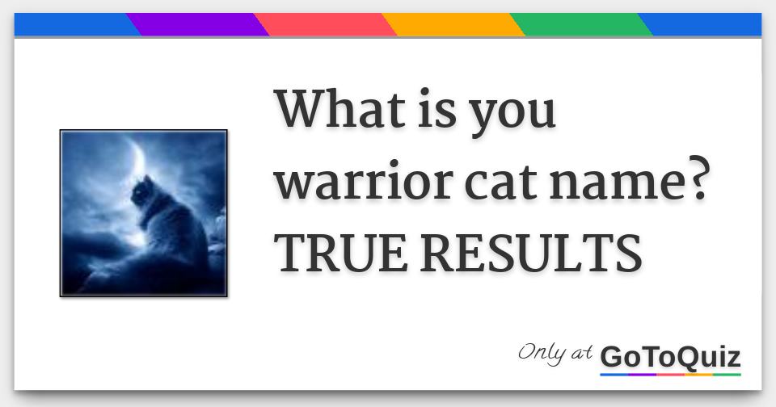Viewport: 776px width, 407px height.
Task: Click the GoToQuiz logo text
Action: tap(670, 356)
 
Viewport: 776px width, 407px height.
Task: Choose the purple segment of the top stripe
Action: tap(198, 25)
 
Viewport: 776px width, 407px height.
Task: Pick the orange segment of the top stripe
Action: tap(453, 25)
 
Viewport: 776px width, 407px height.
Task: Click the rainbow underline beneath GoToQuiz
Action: tap(670, 374)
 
